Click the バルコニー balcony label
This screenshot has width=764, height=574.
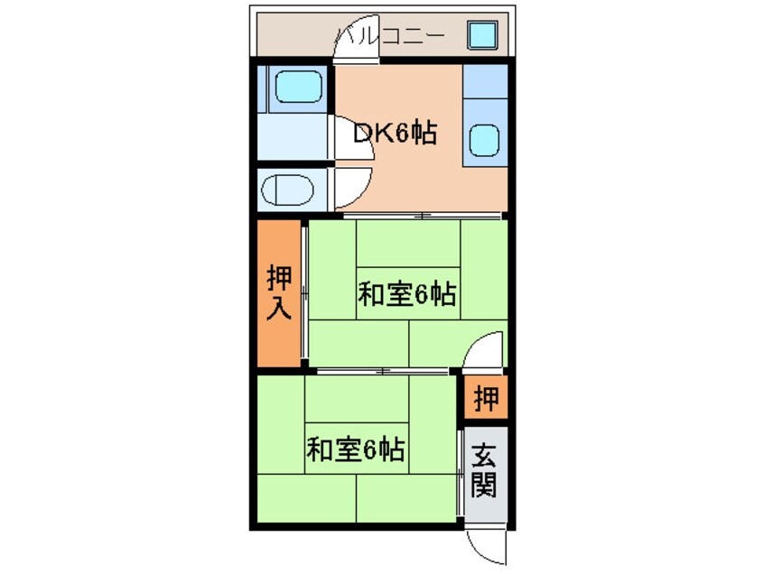pos(389,37)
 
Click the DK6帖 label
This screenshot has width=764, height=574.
pos(395,134)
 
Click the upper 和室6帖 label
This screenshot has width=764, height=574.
pos(405,294)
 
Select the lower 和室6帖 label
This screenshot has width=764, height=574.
pos(354,449)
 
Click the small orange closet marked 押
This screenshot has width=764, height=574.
pos(487,399)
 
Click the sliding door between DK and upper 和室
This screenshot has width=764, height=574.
pos(422,216)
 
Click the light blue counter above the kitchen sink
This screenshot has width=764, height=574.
pos(485,89)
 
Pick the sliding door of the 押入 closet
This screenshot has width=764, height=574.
pos(304,293)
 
